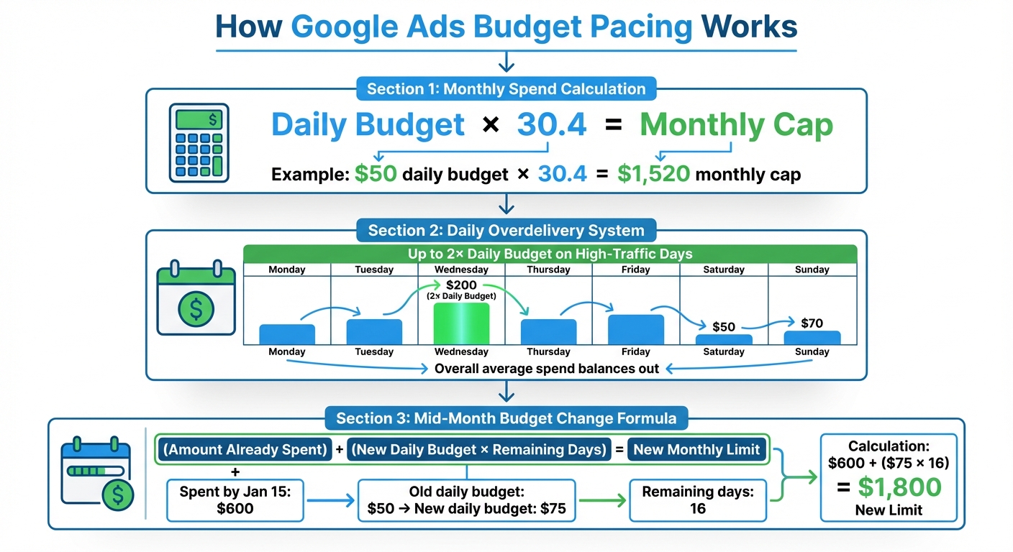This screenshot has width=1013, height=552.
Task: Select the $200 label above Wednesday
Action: (461, 285)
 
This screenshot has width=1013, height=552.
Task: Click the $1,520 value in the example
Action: (653, 175)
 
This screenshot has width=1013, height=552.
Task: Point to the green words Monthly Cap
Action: (736, 125)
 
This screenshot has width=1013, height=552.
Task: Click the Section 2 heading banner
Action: (506, 231)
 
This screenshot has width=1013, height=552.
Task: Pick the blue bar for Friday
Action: (635, 329)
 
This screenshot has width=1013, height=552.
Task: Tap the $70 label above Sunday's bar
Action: (812, 323)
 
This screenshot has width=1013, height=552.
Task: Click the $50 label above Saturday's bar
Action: (724, 326)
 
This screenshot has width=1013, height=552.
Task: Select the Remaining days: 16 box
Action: (697, 500)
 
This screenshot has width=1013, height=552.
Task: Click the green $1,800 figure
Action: (899, 487)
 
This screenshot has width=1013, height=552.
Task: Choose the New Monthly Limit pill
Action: (696, 450)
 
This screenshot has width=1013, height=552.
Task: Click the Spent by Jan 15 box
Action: (235, 500)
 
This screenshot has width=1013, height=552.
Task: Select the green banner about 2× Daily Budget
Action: (550, 254)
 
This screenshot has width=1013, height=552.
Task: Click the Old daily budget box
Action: (467, 500)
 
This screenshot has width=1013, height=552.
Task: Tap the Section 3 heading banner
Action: (506, 418)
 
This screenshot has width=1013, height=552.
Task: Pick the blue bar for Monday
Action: (287, 334)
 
